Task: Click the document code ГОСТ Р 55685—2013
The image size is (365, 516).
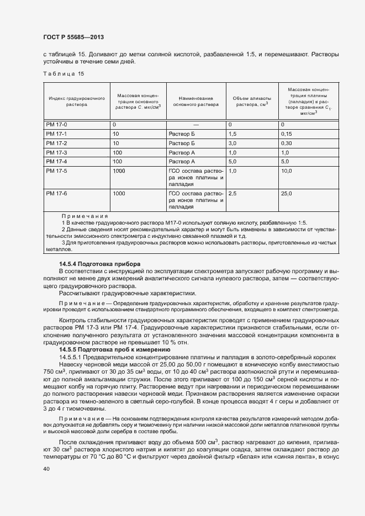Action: click(73, 37)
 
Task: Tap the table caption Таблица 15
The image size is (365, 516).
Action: click(64, 73)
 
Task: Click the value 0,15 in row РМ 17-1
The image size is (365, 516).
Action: click(286, 134)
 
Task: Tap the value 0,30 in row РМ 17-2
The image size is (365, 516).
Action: click(286, 143)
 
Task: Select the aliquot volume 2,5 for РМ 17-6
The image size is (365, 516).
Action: click(232, 194)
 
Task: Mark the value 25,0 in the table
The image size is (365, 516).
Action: click(286, 194)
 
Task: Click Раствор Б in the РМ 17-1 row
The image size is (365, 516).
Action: click(182, 134)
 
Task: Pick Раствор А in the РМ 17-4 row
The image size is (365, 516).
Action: click(182, 161)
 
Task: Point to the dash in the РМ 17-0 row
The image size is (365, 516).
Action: click(195, 125)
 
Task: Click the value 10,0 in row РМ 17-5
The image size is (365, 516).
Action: click(286, 171)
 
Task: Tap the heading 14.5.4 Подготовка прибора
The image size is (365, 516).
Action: click(100, 264)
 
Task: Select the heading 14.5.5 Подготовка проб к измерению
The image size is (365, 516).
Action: click(114, 350)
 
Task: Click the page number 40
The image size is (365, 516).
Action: click(46, 469)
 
